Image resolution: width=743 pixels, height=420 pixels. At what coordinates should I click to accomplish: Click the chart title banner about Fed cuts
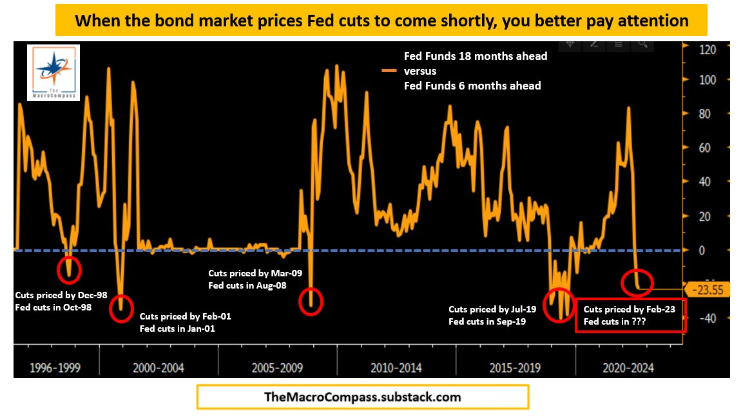click(x=381, y=20)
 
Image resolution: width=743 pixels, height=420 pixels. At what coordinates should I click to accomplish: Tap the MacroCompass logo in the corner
click(x=53, y=72)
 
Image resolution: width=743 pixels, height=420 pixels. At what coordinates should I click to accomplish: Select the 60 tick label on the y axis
click(x=704, y=148)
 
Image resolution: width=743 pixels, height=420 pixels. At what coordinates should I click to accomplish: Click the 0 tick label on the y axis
click(x=703, y=250)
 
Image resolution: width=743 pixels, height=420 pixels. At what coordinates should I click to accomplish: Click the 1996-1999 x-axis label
click(x=55, y=368)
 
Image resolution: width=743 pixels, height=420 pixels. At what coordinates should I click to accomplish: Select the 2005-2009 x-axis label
click(x=278, y=368)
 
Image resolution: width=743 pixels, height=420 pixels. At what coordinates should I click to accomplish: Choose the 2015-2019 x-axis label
click(x=515, y=368)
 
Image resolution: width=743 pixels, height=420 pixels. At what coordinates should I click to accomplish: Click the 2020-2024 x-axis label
click(x=628, y=368)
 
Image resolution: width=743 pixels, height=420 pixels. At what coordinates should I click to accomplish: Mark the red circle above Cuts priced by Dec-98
click(x=70, y=269)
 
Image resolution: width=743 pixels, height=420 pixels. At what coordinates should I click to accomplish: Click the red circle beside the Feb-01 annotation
click(x=121, y=307)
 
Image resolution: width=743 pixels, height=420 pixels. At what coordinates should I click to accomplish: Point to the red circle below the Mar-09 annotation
click(x=311, y=301)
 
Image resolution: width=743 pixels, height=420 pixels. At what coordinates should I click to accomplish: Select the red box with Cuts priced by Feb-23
click(x=630, y=315)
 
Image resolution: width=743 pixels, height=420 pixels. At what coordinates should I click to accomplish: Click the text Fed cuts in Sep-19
click(x=487, y=321)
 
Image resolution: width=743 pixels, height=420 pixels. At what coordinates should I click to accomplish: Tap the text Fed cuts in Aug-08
click(x=247, y=285)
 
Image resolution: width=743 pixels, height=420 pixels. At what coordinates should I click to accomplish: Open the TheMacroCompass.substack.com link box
click(x=363, y=397)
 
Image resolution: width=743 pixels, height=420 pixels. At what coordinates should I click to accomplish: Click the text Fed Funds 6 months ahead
click(x=472, y=86)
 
